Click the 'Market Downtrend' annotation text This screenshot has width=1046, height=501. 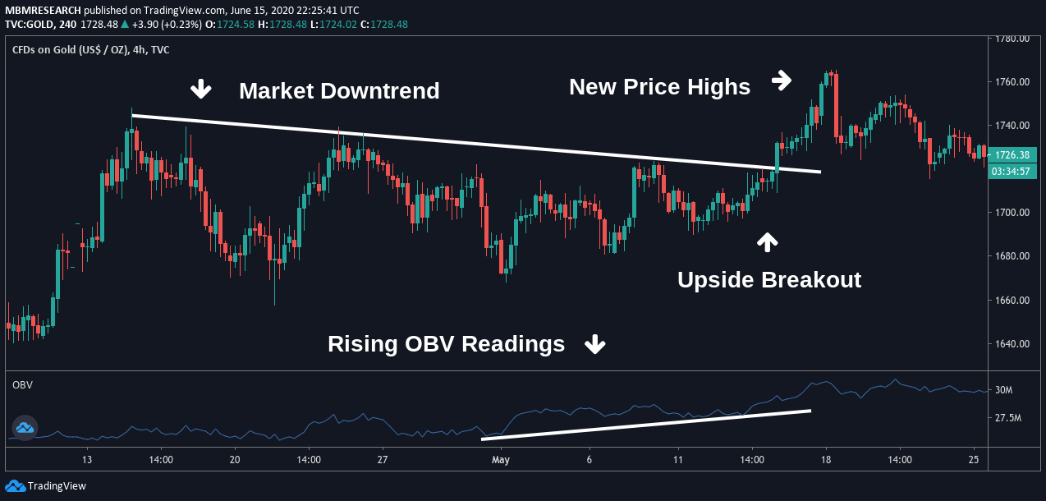(x=339, y=90)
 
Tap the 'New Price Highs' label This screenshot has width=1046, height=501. (x=659, y=86)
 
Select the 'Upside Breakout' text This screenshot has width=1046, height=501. (x=768, y=279)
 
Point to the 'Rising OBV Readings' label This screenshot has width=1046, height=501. (x=446, y=343)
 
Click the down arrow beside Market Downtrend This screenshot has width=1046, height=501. (x=201, y=89)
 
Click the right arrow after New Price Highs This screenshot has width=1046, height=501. (x=782, y=80)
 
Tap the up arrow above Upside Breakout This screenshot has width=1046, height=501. (x=767, y=241)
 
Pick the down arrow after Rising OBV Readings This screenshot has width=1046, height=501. (x=594, y=344)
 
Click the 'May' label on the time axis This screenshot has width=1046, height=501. (x=501, y=460)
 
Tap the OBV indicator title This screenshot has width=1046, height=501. (x=22, y=384)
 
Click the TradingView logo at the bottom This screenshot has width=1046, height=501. (x=47, y=485)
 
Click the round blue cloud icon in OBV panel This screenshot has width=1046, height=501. (x=25, y=427)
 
